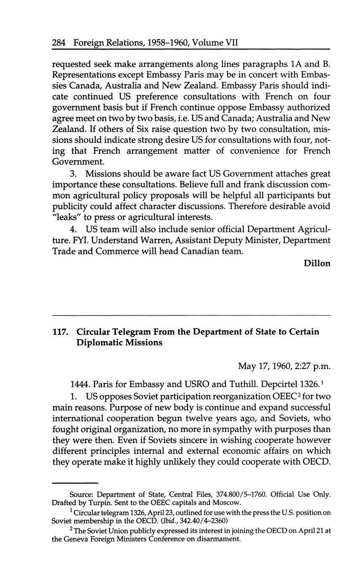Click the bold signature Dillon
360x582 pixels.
[x=317, y=263]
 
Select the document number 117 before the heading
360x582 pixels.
[x=60, y=332]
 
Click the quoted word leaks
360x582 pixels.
[x=66, y=218]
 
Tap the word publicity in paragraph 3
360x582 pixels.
[x=70, y=207]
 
